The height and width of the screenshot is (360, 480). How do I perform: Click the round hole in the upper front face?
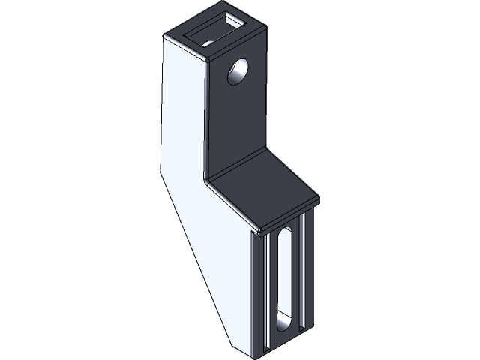(238, 73)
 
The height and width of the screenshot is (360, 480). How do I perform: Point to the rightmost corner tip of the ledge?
(319, 199)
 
